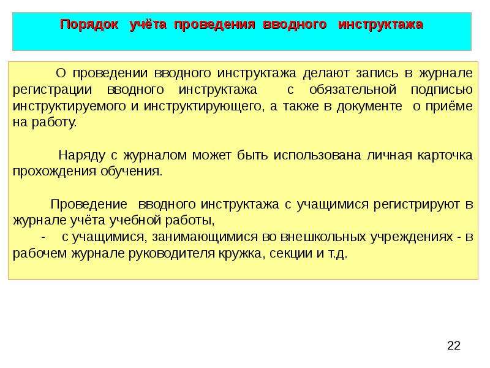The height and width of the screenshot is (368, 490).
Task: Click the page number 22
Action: (454, 345)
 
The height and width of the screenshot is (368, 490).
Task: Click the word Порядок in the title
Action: (89, 25)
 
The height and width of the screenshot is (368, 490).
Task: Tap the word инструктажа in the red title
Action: (380, 25)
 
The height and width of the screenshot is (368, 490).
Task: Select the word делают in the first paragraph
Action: (326, 73)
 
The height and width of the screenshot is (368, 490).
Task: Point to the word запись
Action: (377, 74)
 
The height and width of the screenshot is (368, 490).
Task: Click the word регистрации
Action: (53, 90)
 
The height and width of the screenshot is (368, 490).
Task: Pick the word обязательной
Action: (353, 90)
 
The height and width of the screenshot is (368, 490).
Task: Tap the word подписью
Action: (442, 90)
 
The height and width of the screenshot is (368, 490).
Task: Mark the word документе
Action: (369, 106)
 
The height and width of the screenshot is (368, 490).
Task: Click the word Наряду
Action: (81, 156)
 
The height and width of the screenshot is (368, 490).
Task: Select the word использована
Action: (317, 155)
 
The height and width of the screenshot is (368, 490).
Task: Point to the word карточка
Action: (445, 155)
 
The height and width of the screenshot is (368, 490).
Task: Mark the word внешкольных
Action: (323, 237)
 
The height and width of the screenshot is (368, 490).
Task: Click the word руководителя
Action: (172, 253)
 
